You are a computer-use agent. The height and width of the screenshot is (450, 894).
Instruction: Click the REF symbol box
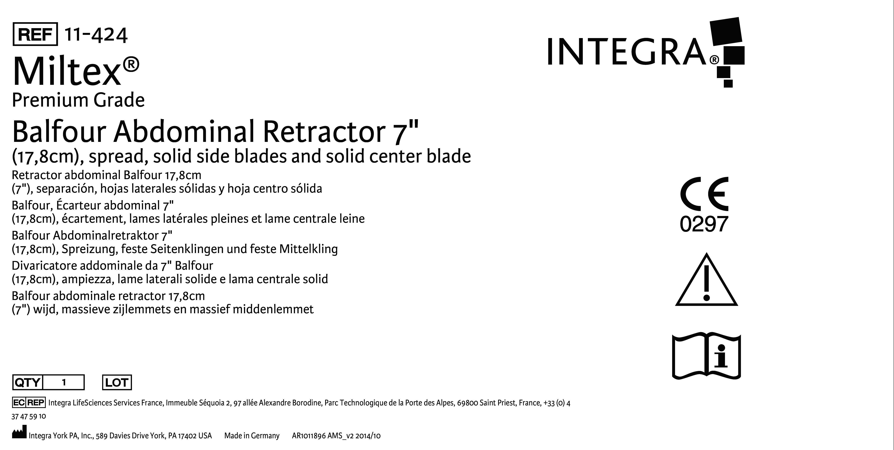pyautogui.click(x=35, y=34)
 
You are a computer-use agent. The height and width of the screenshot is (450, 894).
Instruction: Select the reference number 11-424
pyautogui.click(x=96, y=35)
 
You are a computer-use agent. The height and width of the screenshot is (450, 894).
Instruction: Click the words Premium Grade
pyautogui.click(x=78, y=100)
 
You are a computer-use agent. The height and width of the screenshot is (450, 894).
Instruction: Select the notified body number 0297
pyautogui.click(x=704, y=224)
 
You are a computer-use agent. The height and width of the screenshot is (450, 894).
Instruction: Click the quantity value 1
pyautogui.click(x=64, y=382)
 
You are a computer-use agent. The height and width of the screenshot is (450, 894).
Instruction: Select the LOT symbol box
pyautogui.click(x=117, y=382)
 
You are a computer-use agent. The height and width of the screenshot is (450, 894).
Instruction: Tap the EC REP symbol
pyautogui.click(x=29, y=402)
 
